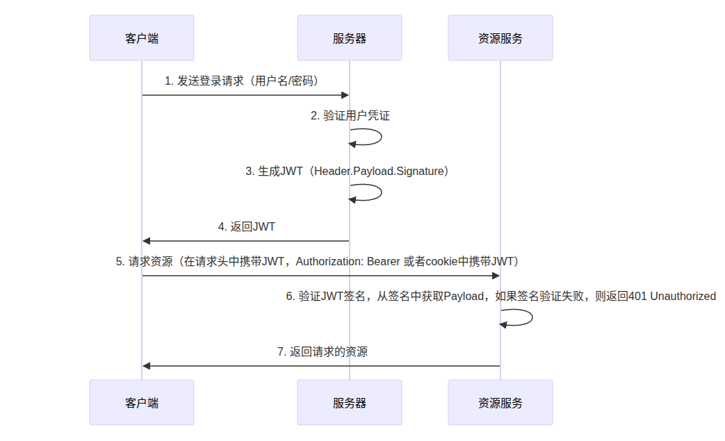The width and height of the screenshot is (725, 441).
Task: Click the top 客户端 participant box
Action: point(142,38)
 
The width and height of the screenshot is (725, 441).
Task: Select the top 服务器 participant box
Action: point(350,38)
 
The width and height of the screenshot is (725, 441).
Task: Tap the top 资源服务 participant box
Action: point(500,38)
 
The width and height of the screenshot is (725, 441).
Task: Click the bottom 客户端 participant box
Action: point(142,403)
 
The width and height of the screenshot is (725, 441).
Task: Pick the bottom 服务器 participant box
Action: point(350,403)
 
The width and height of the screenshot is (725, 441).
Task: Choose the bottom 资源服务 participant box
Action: point(500,403)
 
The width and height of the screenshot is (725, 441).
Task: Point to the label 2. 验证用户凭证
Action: point(350,115)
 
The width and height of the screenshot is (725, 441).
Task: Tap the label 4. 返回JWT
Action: point(247,226)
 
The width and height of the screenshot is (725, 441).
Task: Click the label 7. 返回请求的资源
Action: point(323,352)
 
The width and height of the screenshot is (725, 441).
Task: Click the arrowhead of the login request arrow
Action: point(345,95)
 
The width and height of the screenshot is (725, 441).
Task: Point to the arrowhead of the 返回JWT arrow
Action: point(146,241)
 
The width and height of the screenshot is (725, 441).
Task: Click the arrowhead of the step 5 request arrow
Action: point(496,276)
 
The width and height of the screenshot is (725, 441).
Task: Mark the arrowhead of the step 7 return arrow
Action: point(146,366)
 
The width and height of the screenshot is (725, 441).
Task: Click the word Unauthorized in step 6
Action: point(683,296)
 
